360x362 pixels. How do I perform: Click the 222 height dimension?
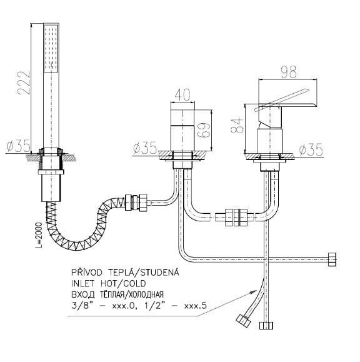(x=24, y=83)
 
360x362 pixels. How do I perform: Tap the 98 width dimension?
(x=289, y=72)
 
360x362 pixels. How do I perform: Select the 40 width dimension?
(x=182, y=94)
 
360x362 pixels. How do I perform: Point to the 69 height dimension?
(x=204, y=130)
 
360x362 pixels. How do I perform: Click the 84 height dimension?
(x=237, y=125)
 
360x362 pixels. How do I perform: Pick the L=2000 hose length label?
(x=39, y=235)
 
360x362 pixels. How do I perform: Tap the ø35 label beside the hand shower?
(x=19, y=146)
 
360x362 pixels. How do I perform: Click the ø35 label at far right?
(x=311, y=149)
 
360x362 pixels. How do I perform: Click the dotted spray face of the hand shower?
(x=51, y=48)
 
